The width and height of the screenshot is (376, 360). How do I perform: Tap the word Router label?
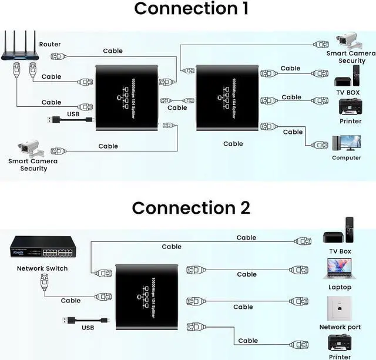pos(50,45)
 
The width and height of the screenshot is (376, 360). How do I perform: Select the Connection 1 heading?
pos(191,9)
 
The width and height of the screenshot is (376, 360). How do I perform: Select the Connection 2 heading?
pos(191,208)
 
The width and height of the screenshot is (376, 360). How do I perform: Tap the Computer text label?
pos(347,158)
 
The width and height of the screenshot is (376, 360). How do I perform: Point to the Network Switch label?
pos(42,268)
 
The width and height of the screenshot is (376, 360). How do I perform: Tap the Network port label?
pos(340,327)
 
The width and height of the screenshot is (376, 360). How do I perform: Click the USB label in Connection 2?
pos(88,328)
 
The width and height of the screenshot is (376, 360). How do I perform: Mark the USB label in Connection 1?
pos(73,114)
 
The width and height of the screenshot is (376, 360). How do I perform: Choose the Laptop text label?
pos(340,287)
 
